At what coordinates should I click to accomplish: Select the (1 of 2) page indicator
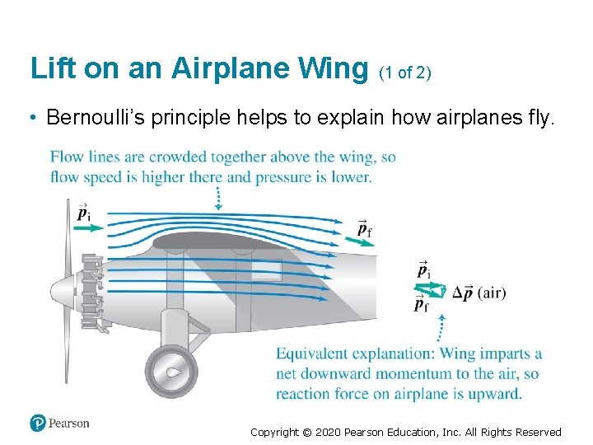pos(405,73)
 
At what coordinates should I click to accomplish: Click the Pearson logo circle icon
pos(38,423)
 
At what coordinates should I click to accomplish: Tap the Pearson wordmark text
pos(69,424)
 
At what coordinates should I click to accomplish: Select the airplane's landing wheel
pos(171,372)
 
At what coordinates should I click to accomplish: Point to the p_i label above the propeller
pos(84,213)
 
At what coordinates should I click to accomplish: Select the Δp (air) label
pos(479,293)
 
